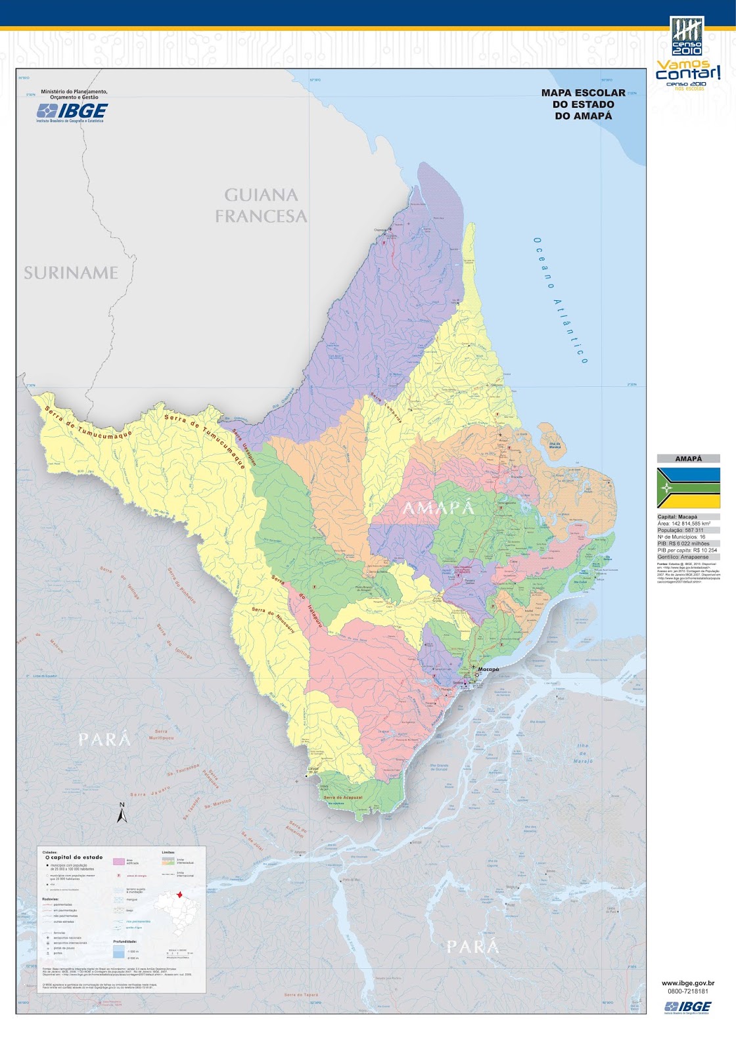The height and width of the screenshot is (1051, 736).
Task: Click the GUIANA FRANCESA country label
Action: click(x=261, y=205)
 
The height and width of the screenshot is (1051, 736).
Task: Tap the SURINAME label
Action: click(x=71, y=273)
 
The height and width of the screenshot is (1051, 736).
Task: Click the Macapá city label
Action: click(x=488, y=669)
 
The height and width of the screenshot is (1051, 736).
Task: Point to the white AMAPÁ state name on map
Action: click(x=438, y=508)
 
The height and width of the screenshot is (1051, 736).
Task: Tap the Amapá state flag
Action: click(x=688, y=487)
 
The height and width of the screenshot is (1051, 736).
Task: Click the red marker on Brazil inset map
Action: click(x=179, y=894)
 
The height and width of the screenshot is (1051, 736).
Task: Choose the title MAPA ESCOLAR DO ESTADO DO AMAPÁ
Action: click(x=583, y=104)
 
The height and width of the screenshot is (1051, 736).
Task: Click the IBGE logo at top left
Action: click(x=72, y=112)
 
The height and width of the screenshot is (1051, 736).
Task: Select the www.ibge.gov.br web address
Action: click(x=688, y=983)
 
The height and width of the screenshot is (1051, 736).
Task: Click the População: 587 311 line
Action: click(x=680, y=530)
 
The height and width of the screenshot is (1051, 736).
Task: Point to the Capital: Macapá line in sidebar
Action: click(x=678, y=517)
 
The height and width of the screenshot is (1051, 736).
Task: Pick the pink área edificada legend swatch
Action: click(x=118, y=861)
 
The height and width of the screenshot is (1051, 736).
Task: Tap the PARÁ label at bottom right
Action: click(x=472, y=947)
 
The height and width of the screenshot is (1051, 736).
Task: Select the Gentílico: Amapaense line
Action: click(x=683, y=557)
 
